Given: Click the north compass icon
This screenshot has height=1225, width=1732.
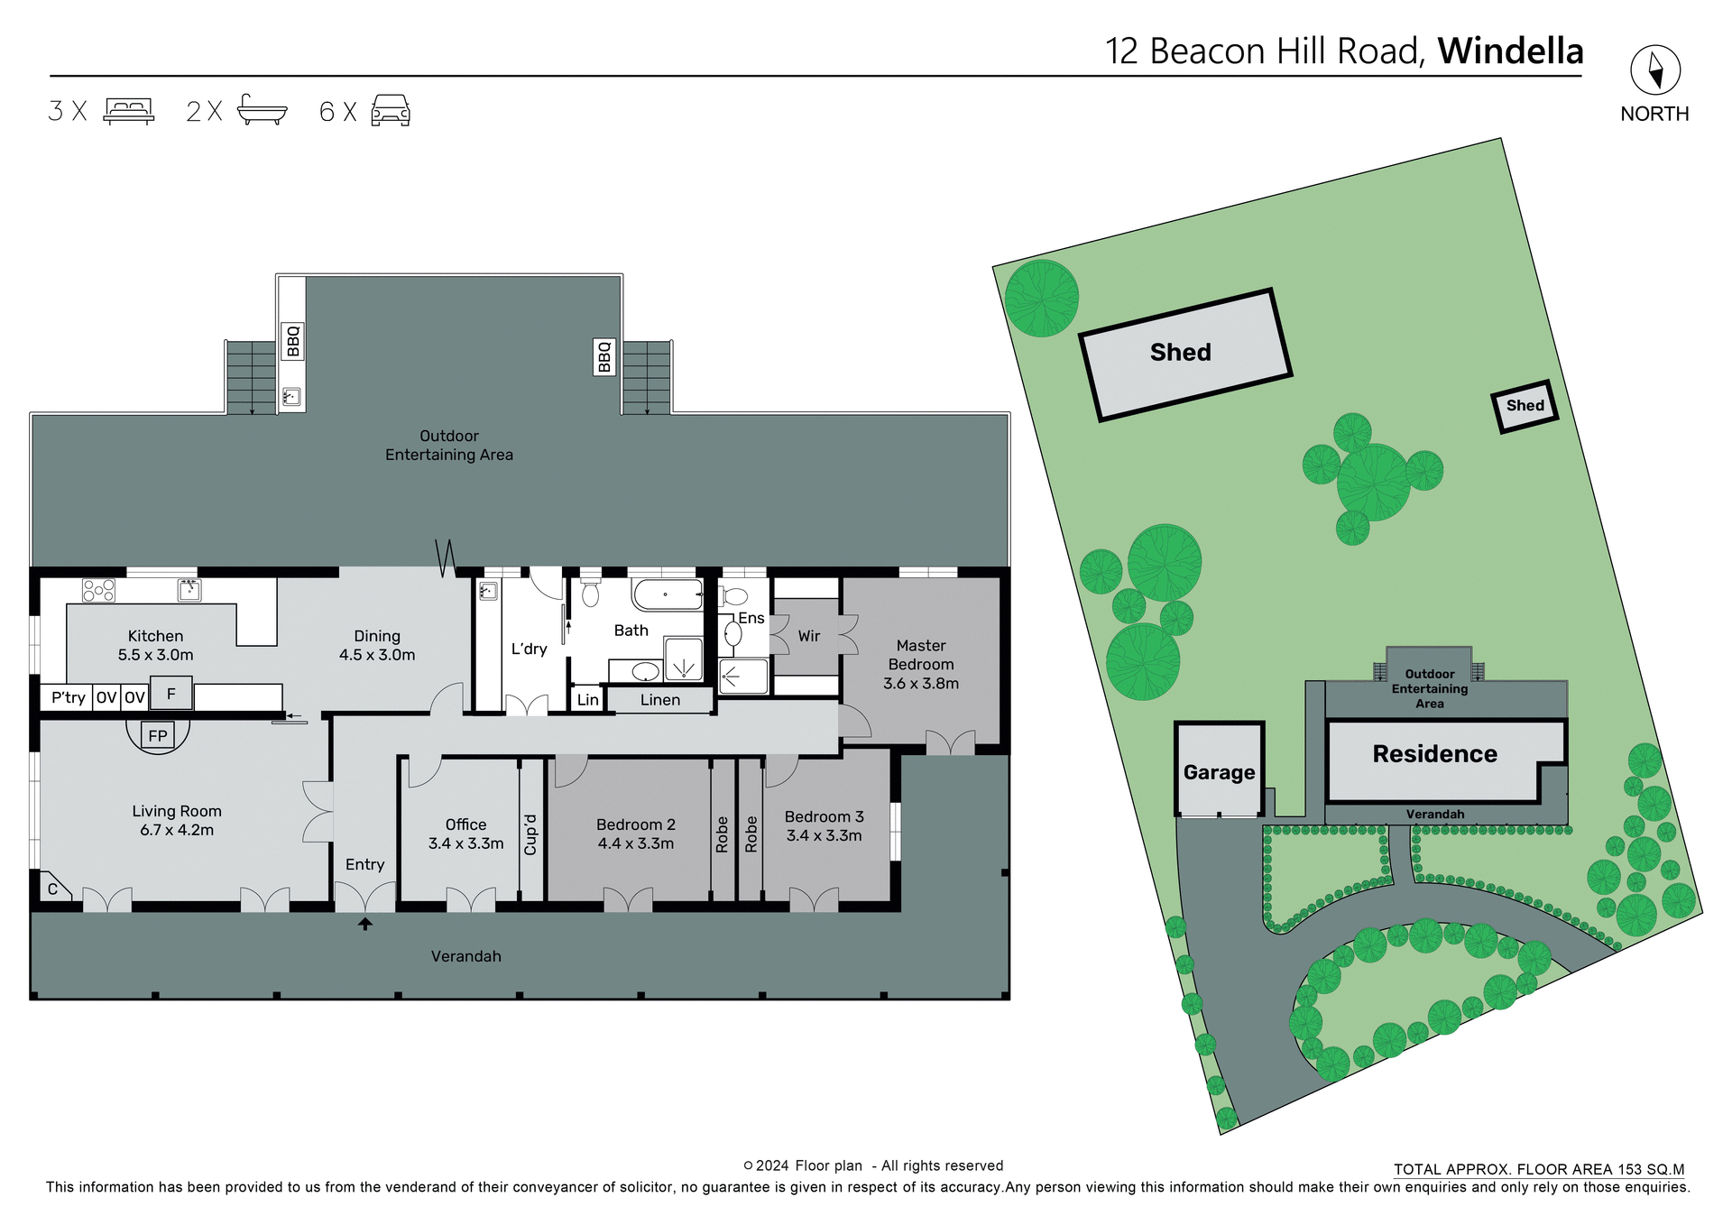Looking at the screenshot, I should (x=1654, y=69).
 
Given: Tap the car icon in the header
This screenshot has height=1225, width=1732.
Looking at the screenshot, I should (x=391, y=110).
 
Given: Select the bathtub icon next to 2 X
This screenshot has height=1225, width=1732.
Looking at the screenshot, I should (x=262, y=110).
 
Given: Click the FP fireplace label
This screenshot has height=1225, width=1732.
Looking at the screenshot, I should (x=158, y=735).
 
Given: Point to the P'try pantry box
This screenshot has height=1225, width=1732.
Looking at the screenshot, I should (x=68, y=697).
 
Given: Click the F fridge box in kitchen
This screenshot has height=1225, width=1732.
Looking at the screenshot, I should (x=170, y=694).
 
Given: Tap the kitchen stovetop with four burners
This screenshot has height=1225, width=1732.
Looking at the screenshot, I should (x=98, y=590).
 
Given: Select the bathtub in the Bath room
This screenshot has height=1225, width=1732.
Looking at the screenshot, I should (x=667, y=595).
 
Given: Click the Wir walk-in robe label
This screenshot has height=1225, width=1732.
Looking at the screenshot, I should (x=808, y=636).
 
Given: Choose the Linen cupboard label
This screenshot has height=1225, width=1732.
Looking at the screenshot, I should (x=659, y=700).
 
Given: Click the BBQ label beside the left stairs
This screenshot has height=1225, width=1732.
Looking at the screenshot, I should (x=292, y=342).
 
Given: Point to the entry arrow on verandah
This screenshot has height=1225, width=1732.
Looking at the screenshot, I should (x=365, y=924).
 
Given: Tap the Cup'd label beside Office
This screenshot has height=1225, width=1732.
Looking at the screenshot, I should (x=530, y=834).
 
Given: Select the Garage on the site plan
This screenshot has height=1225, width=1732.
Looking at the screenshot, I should (x=1219, y=772).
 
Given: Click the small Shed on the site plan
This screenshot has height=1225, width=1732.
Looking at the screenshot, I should (x=1525, y=406).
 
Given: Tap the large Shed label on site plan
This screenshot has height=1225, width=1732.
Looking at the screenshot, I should (x=1180, y=353).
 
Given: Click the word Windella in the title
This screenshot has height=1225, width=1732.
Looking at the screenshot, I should (x=1510, y=51).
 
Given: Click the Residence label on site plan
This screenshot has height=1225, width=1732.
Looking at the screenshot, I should (x=1434, y=754).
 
